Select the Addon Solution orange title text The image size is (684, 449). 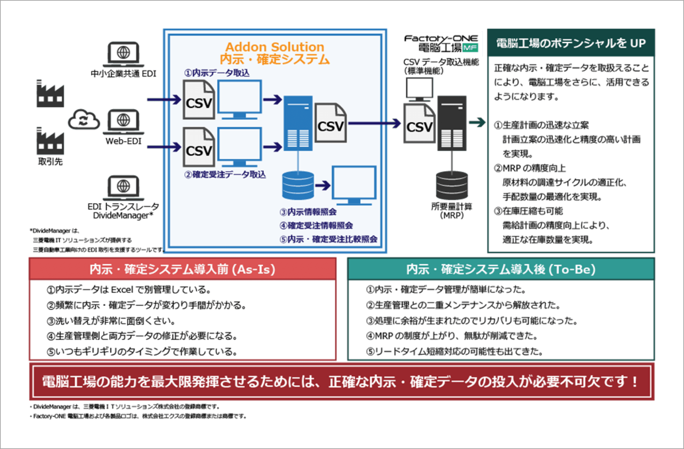point(275,47)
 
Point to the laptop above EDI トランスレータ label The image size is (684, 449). point(123,187)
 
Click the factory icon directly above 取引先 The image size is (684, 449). point(50,141)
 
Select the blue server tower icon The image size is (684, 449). point(298,123)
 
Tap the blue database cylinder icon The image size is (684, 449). point(298,185)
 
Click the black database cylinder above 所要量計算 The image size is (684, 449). point(452,185)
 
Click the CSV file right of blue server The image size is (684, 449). point(330,123)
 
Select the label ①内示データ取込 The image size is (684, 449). point(217,73)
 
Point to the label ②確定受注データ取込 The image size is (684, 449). point(225,175)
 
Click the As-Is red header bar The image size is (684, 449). point(182,269)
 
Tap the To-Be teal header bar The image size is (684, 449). point(501,269)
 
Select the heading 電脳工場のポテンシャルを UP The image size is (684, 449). point(571,43)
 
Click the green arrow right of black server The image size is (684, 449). point(477,122)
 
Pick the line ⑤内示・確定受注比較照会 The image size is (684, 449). point(328,239)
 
